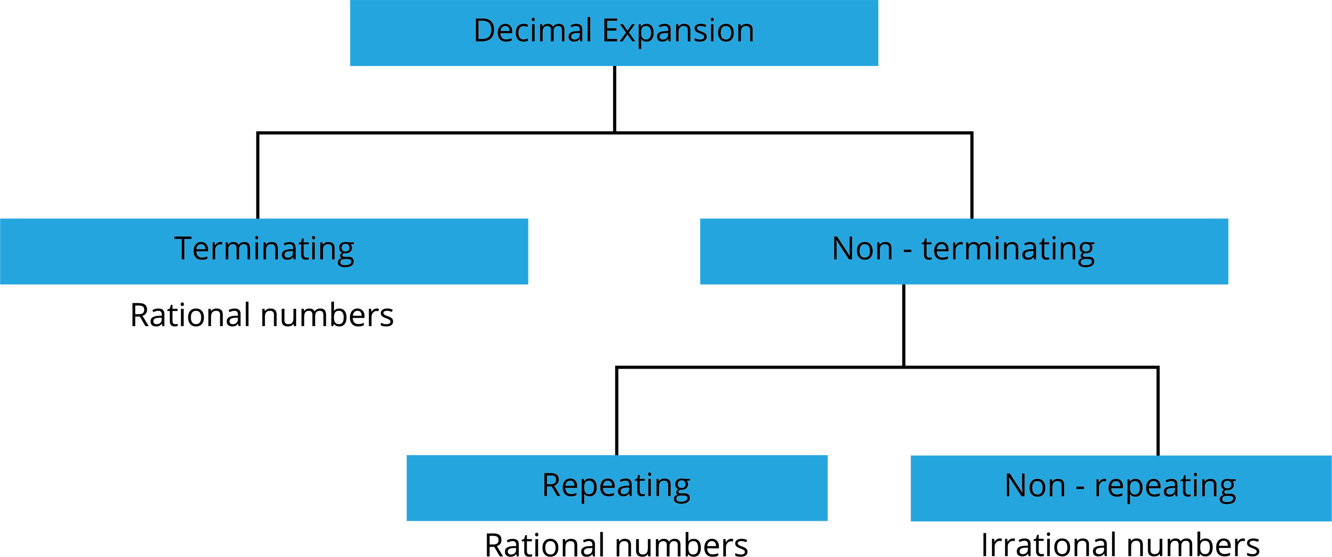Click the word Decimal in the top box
click(532, 31)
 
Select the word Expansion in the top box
click(678, 31)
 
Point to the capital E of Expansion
click(610, 31)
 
